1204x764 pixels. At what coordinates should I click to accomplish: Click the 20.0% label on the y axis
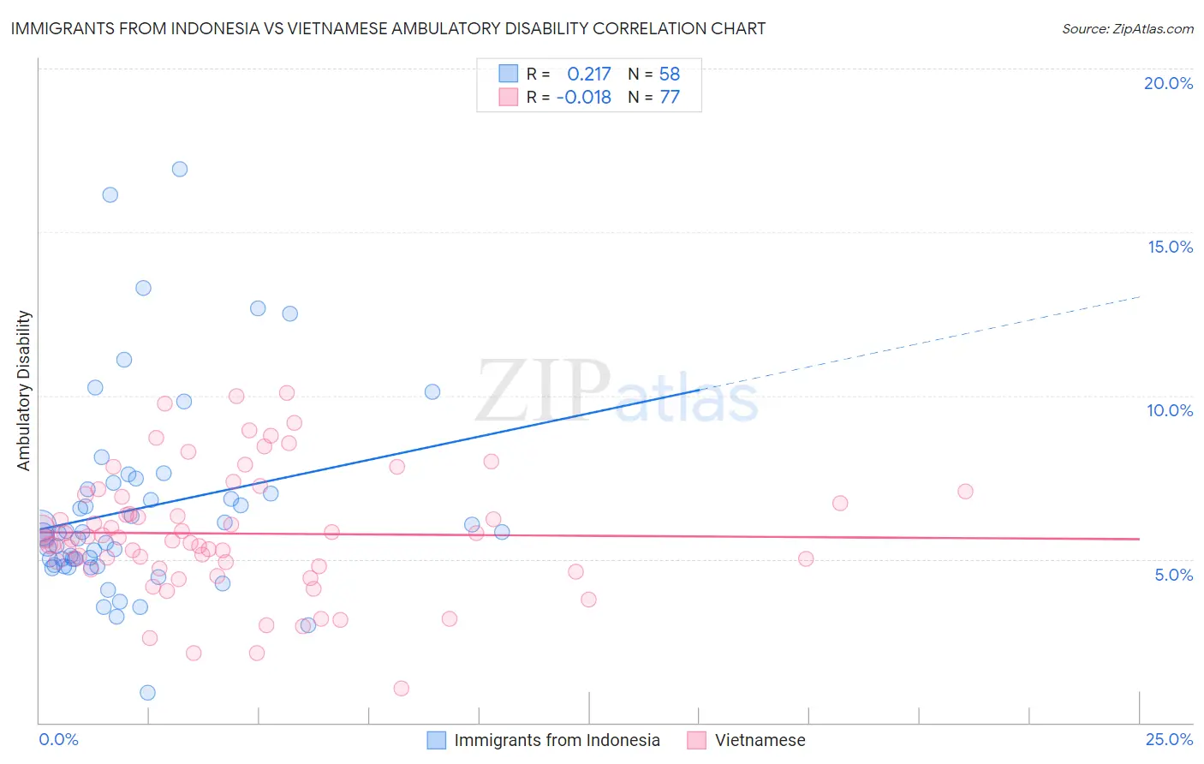(x=1168, y=83)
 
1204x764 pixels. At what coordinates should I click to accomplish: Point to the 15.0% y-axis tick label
(x=1170, y=247)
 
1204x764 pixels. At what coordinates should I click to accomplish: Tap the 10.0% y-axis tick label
(x=1170, y=410)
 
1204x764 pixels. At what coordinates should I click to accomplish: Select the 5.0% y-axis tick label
(x=1173, y=575)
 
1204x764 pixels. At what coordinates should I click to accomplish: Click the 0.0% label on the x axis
(x=58, y=739)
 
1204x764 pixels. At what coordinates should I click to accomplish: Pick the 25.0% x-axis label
(x=1169, y=739)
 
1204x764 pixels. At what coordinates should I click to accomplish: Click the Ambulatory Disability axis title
(x=24, y=391)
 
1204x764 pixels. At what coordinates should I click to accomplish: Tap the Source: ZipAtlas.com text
(x=1127, y=28)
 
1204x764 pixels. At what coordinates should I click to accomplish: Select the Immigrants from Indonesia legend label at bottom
(x=557, y=740)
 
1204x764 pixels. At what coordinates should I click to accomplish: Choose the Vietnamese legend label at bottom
(x=760, y=740)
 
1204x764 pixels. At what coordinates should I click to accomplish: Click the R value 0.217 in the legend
(x=588, y=75)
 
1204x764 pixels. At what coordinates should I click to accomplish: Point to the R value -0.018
(x=583, y=98)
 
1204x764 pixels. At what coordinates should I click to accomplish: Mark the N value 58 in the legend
(x=669, y=75)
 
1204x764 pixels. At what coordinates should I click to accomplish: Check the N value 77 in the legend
(x=669, y=98)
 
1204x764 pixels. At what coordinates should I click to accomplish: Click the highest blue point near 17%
(x=180, y=169)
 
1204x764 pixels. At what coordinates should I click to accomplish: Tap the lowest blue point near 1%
(x=147, y=692)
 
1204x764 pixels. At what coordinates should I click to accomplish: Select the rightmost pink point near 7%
(x=965, y=492)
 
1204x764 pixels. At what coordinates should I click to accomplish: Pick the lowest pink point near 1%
(x=401, y=688)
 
